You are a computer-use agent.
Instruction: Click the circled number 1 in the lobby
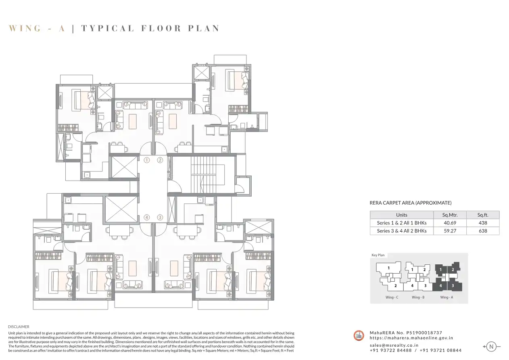147,160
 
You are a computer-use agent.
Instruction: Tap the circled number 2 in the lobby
160,160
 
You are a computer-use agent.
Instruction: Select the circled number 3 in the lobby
160,218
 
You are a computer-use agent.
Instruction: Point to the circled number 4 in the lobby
147,218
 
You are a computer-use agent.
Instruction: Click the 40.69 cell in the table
450,223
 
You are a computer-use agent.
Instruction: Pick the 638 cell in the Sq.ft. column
483,231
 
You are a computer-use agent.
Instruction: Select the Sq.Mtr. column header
450,215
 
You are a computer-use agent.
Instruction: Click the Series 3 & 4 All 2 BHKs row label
402,231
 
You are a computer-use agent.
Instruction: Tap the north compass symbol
491,347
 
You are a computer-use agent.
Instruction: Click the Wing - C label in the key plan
392,297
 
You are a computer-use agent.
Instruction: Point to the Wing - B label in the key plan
418,297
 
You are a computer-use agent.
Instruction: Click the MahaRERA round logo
359,335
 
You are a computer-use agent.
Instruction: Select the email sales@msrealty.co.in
394,345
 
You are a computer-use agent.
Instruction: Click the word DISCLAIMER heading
19,327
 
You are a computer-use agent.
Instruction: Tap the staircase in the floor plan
203,174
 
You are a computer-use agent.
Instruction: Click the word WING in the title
25,28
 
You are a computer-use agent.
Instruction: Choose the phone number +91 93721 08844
440,350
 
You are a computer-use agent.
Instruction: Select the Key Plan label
378,255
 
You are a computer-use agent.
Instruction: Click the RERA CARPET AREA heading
410,203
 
